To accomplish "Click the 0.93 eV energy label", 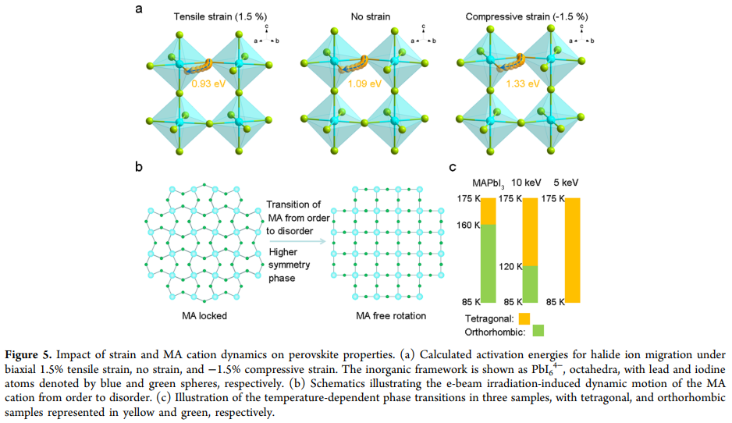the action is click(x=208, y=84).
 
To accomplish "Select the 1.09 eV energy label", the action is click(x=364, y=84).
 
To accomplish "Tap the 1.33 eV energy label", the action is click(x=523, y=84).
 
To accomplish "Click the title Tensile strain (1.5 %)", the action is click(x=220, y=17).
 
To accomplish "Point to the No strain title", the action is click(x=371, y=17).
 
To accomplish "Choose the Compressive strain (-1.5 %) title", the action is click(x=527, y=17).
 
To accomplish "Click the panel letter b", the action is click(x=139, y=167).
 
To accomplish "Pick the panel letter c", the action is click(x=453, y=168).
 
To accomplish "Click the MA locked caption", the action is click(x=204, y=316).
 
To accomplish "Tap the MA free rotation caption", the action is click(x=391, y=316).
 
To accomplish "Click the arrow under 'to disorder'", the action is click(x=297, y=241).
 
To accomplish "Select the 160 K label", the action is click(x=468, y=226).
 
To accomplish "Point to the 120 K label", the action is click(x=510, y=267).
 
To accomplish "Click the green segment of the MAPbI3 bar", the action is click(x=489, y=264).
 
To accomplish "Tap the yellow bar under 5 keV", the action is click(x=573, y=251).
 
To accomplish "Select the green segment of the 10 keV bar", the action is click(x=530, y=284).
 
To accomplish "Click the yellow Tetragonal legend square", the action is click(x=524, y=319).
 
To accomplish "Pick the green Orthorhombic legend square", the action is click(x=538, y=331).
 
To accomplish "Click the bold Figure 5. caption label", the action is click(x=28, y=355).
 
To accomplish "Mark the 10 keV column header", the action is click(x=526, y=183).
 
